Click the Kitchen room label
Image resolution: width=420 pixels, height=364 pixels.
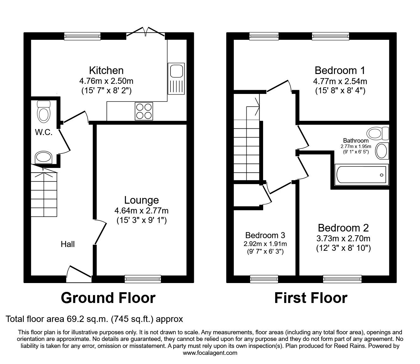[x=106, y=70]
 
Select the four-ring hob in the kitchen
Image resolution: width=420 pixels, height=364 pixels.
[x=144, y=111]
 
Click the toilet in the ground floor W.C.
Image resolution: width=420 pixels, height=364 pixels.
[x=44, y=112]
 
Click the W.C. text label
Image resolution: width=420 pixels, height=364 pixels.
[x=44, y=133]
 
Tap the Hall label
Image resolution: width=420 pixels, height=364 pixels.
[x=68, y=244]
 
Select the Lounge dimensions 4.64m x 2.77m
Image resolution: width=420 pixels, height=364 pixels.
[x=141, y=210]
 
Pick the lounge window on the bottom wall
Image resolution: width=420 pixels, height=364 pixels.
[x=143, y=279]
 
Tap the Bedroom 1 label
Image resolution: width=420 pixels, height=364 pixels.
[x=340, y=70]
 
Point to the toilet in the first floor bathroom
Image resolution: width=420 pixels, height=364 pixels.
[x=378, y=133]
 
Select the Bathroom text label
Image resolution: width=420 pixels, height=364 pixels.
[x=356, y=140]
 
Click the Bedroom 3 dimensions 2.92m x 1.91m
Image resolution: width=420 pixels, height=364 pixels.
[x=265, y=244]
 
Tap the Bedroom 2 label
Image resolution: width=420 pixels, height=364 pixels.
[x=343, y=228]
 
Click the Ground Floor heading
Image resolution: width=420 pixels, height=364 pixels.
[x=108, y=298]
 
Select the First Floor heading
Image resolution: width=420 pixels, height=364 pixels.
[x=311, y=298]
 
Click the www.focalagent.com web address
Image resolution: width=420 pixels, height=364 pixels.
[x=210, y=353]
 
